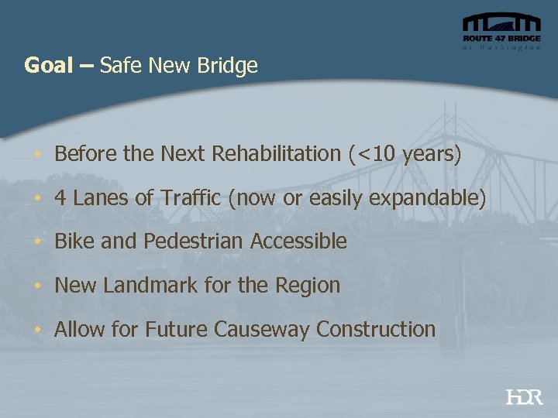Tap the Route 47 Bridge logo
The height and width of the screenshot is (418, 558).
tap(501, 33)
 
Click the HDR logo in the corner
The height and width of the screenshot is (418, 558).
tap(524, 397)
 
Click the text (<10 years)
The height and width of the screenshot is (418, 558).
tap(405, 154)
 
